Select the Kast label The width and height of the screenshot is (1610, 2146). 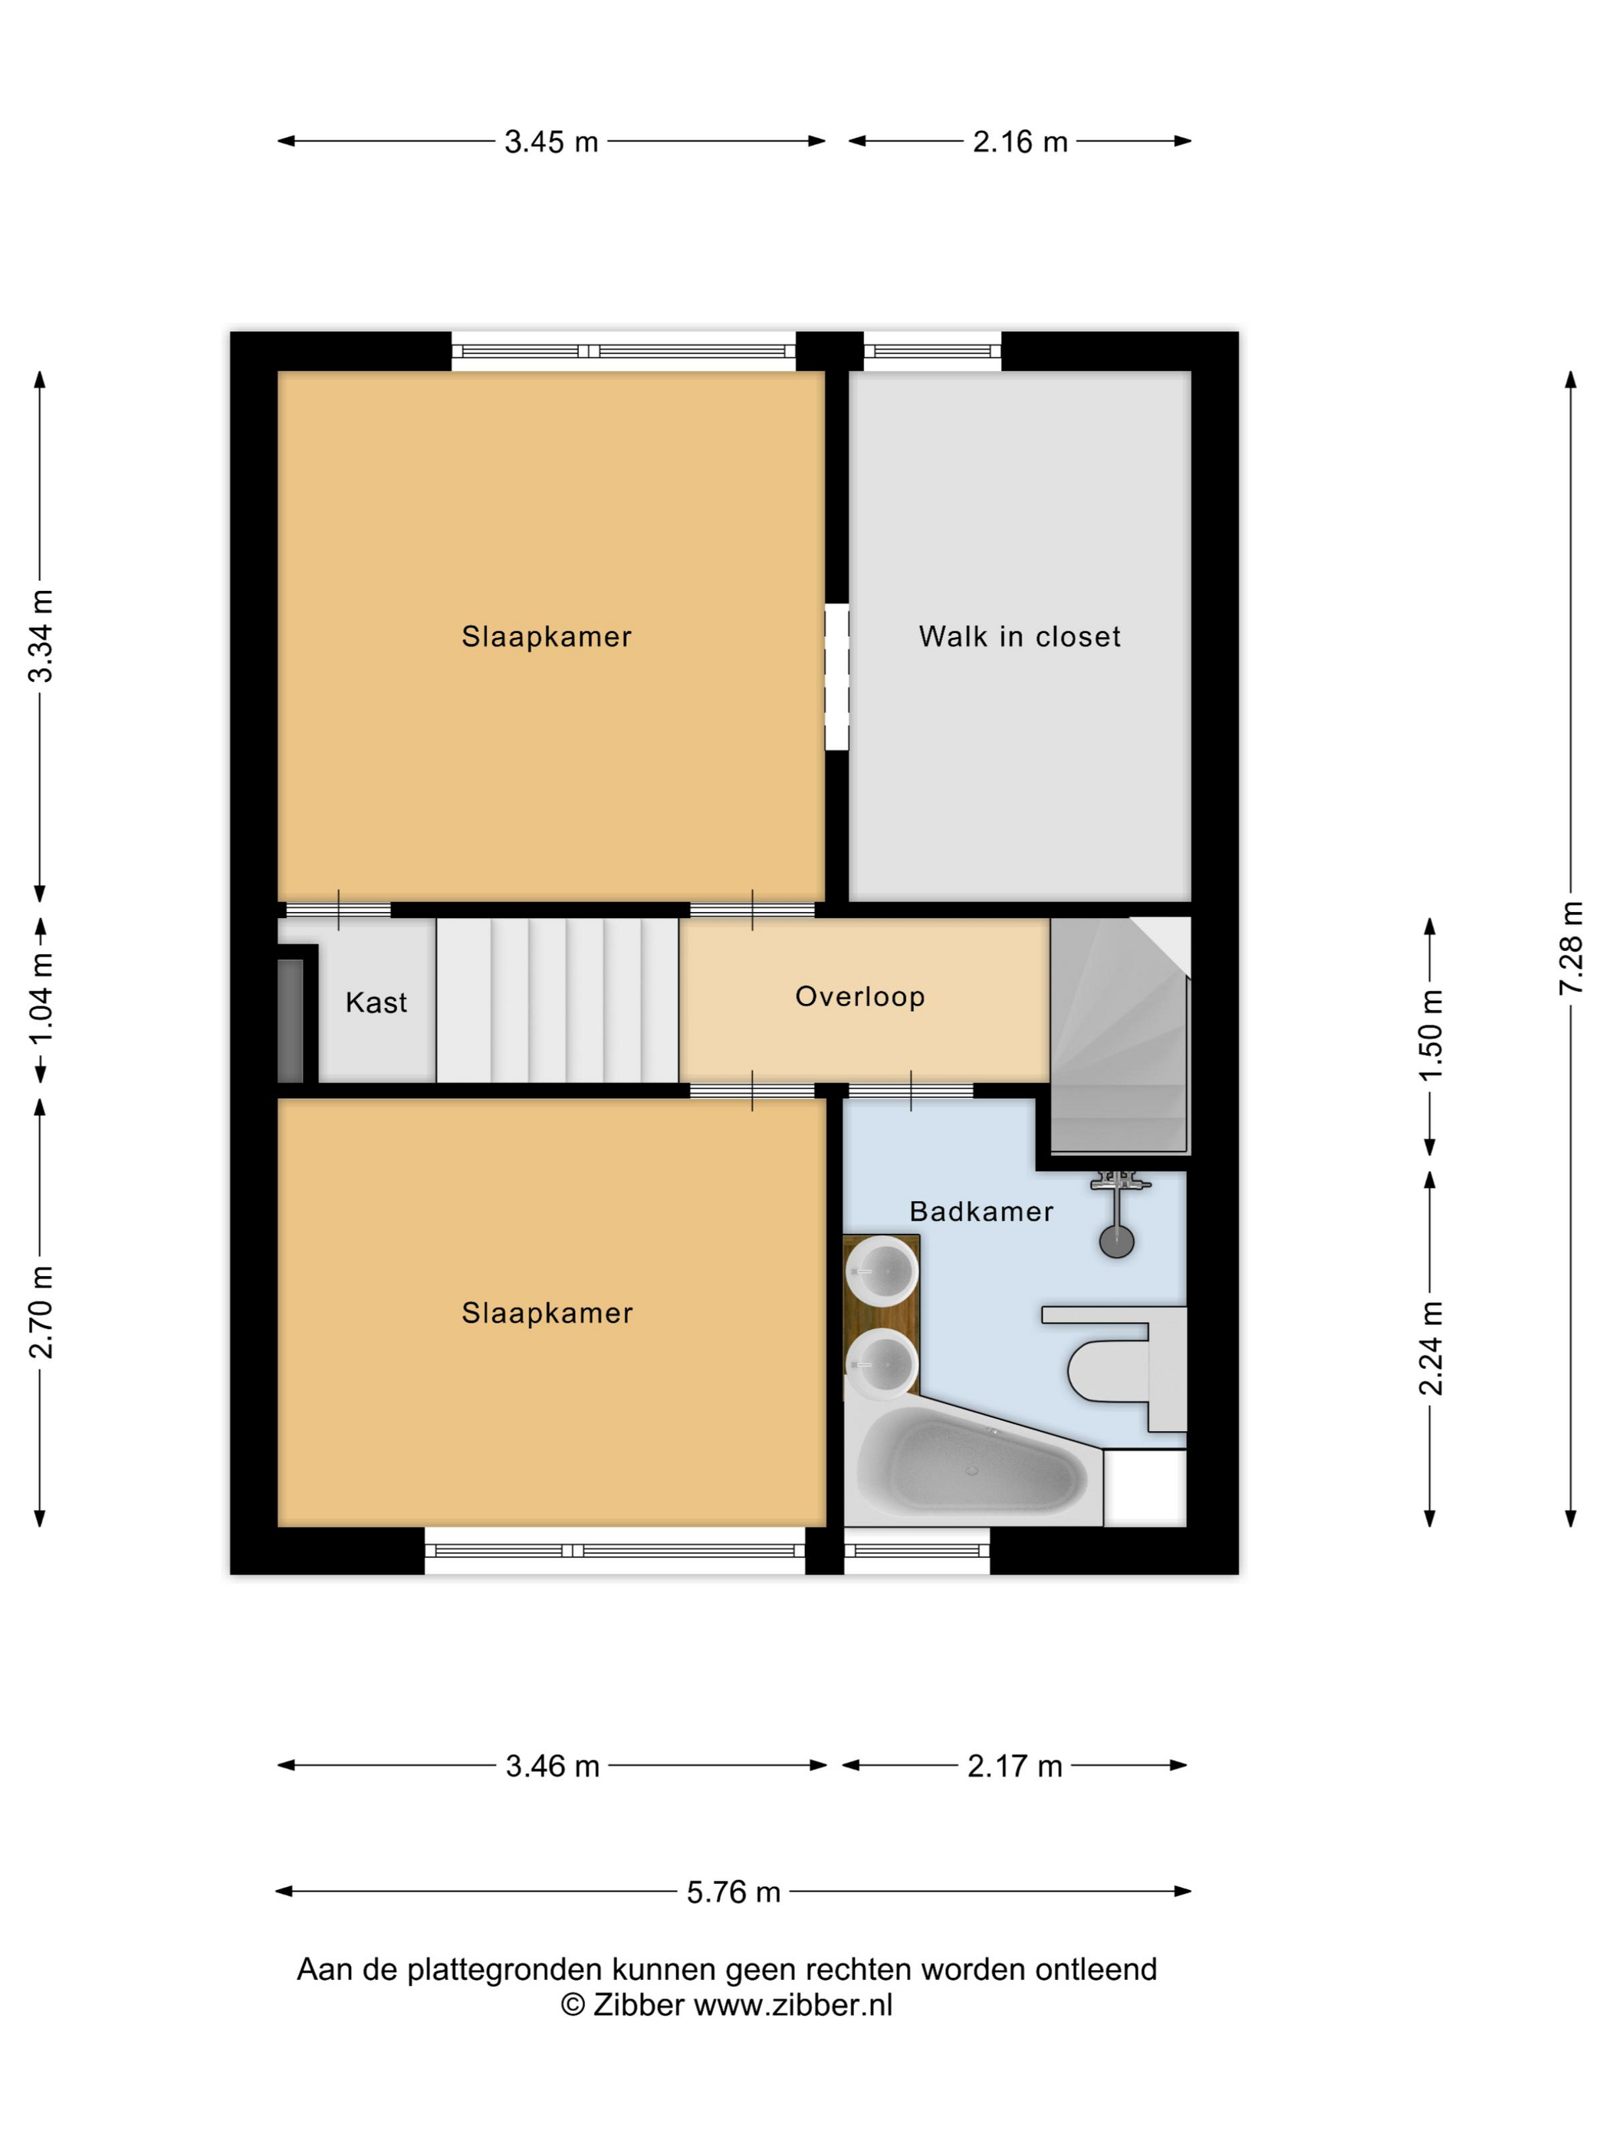pyautogui.click(x=376, y=1002)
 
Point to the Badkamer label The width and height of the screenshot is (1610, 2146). pyautogui.click(x=981, y=1211)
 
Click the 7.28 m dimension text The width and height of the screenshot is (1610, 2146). pyautogui.click(x=1571, y=948)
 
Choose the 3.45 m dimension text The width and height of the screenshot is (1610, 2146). pyautogui.click(x=551, y=142)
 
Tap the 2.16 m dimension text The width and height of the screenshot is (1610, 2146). pyautogui.click(x=1020, y=142)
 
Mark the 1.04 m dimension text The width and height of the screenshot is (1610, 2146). pyautogui.click(x=41, y=1000)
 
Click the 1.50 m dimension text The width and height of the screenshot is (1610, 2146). pyautogui.click(x=1431, y=1035)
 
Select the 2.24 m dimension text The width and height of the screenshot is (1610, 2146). pyautogui.click(x=1431, y=1347)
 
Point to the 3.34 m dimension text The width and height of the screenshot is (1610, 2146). pyautogui.click(x=41, y=635)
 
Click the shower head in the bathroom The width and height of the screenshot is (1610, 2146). pyautogui.click(x=1116, y=1242)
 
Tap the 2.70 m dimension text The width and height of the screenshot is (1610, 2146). pyautogui.click(x=41, y=1311)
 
